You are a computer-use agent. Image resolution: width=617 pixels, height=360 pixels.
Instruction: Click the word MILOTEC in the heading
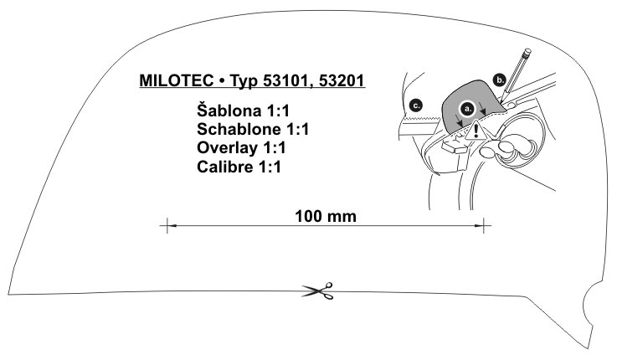click(177, 80)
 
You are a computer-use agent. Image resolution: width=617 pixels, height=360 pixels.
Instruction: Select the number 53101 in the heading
click(287, 80)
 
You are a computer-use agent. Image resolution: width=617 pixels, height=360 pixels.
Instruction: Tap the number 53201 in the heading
click(342, 80)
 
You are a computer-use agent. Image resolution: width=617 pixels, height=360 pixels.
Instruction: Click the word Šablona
click(229, 111)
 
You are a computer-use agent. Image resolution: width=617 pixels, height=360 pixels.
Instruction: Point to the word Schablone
click(239, 129)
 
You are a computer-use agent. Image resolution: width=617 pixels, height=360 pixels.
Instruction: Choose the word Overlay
click(228, 148)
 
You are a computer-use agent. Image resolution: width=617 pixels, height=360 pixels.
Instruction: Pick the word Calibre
click(224, 167)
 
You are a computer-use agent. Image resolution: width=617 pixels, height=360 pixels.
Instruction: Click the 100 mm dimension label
click(326, 216)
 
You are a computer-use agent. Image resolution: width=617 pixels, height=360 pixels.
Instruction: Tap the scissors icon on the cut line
click(318, 291)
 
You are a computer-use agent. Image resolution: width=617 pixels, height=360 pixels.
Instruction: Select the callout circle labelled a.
click(467, 108)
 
